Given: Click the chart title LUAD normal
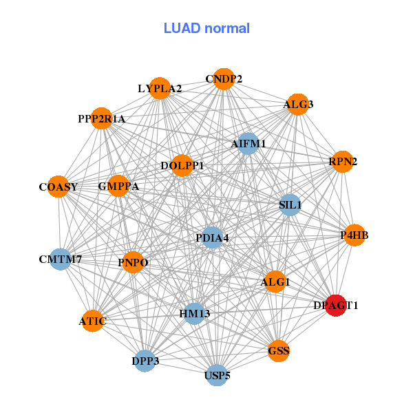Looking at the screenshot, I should [206, 28].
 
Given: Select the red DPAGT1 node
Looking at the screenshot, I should [335, 305].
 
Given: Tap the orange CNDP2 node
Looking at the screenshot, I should [223, 79].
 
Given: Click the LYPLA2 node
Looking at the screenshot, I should [160, 88].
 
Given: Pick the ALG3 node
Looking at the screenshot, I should [297, 105].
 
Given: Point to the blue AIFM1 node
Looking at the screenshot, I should [247, 143].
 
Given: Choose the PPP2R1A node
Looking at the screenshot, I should [102, 119].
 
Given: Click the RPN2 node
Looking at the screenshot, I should [343, 162].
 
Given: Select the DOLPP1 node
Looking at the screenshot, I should [182, 166].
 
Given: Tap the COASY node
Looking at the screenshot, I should [59, 187].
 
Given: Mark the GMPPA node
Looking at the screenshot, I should [118, 186].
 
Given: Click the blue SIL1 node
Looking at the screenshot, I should [290, 204].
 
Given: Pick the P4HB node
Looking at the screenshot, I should [354, 235].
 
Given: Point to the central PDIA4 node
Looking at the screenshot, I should [212, 238].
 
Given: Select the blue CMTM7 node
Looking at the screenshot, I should [61, 260].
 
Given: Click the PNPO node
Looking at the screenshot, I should [133, 262].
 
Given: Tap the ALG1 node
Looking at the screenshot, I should [275, 282].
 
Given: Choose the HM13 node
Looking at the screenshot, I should [195, 314].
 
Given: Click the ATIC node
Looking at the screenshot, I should [92, 321].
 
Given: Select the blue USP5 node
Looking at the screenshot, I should [217, 375].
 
